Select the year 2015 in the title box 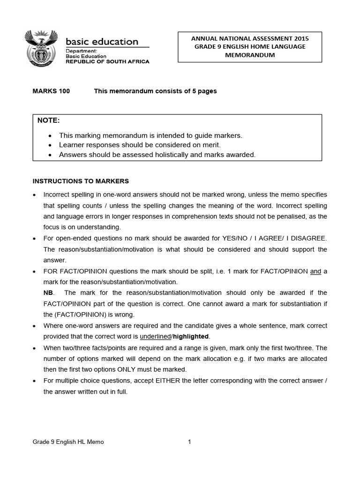(x=300, y=38)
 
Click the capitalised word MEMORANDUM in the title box (x=250, y=55)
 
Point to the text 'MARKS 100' (x=51, y=91)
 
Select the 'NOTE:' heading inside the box (x=49, y=120)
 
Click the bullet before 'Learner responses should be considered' (x=50, y=145)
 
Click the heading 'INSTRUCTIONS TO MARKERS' (x=80, y=181)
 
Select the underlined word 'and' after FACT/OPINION (x=316, y=271)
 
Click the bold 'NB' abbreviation (x=48, y=292)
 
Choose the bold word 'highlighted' (x=191, y=337)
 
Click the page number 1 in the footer (x=189, y=442)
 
